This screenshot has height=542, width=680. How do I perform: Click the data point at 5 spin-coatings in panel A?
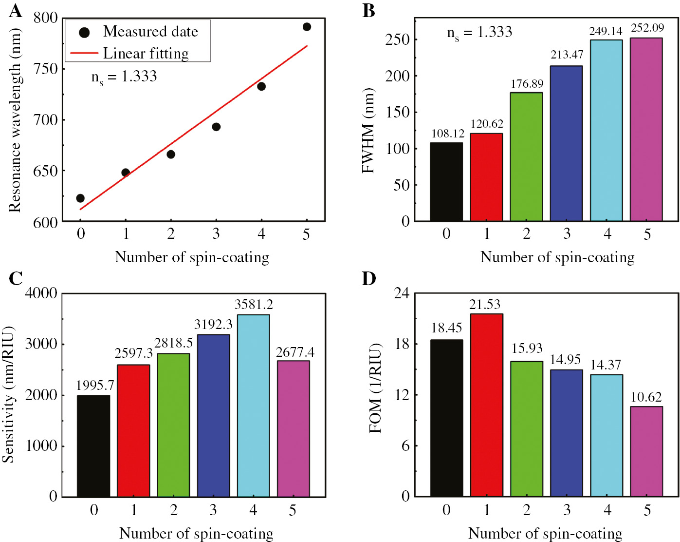(307, 27)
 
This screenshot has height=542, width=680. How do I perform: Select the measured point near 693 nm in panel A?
(216, 127)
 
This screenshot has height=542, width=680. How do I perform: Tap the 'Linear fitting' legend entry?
(146, 53)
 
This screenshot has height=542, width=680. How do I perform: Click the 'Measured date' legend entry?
(150, 32)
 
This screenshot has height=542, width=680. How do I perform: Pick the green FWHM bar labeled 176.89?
(526, 156)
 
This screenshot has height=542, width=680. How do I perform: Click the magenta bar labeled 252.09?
(646, 129)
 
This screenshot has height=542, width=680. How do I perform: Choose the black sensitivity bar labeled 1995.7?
(93, 445)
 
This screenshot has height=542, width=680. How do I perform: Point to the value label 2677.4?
(295, 352)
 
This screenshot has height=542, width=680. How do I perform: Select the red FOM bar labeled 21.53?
(486, 405)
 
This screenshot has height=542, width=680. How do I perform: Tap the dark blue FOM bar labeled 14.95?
(566, 433)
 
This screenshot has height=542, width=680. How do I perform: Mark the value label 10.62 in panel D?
(646, 397)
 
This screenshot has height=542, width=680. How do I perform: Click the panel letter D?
(369, 278)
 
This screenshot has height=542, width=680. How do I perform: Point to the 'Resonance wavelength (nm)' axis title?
(15, 120)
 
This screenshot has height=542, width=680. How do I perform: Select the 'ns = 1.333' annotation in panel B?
(479, 33)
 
